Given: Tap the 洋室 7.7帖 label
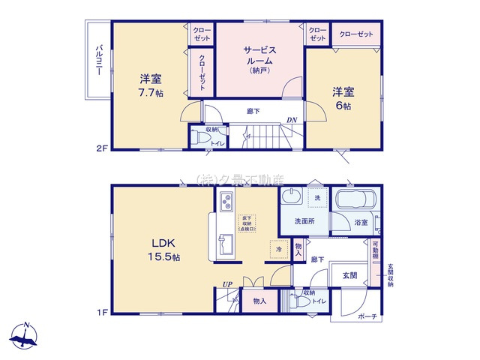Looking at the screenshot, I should tap(150, 85).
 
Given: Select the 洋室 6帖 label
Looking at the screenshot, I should tap(343, 98).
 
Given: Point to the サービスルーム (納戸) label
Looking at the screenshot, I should tap(259, 59).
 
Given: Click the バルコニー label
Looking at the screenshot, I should tap(98, 61).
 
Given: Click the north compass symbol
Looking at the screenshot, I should tap(26, 337).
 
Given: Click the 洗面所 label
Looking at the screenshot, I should tap(303, 221).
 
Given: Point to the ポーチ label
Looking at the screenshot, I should tap(368, 316).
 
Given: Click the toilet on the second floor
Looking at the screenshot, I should tap(199, 137).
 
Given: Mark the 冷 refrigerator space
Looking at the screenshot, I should tap(277, 248).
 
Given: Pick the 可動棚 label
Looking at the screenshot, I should tap(375, 250).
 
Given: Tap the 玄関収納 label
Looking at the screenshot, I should tap(391, 274).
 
